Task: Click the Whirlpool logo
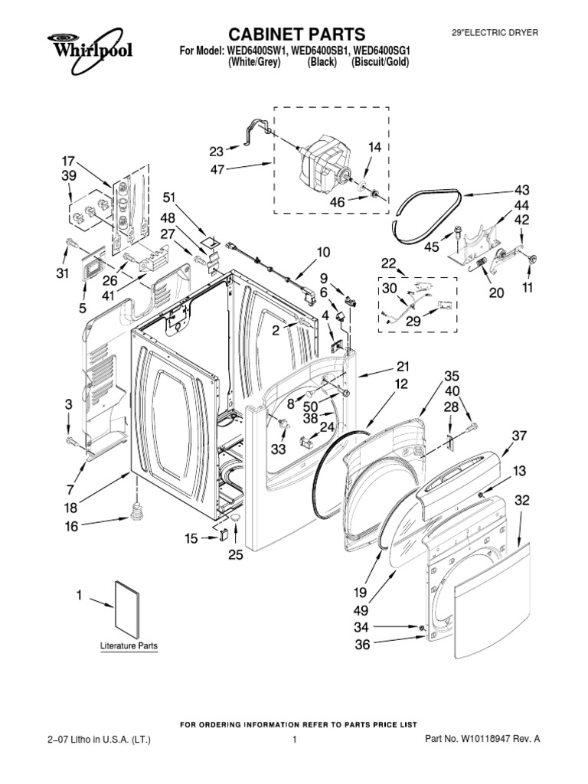[86, 46]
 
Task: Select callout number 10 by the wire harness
[323, 252]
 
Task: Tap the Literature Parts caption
[129, 646]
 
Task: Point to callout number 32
[522, 500]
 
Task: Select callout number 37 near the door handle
[520, 436]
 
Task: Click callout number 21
[403, 367]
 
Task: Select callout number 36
[361, 645]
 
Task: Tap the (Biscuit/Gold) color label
[381, 62]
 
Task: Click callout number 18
[70, 508]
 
